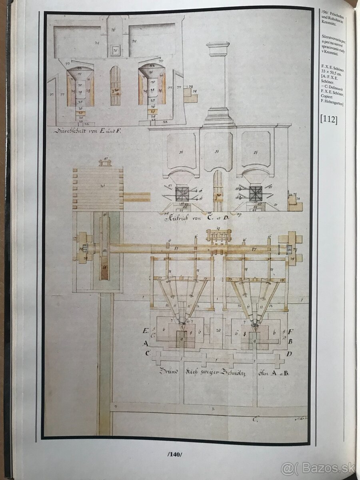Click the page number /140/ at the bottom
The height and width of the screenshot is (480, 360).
(174, 454)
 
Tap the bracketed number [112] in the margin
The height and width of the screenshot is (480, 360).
(329, 119)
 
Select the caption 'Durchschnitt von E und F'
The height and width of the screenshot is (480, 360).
(88, 131)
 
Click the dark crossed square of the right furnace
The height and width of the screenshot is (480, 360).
(255, 194)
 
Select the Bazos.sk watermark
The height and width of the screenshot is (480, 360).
(318, 468)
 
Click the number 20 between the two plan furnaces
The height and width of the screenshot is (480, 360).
(218, 330)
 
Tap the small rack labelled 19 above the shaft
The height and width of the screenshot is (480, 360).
(218, 235)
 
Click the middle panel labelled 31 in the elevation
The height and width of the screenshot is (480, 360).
(218, 152)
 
